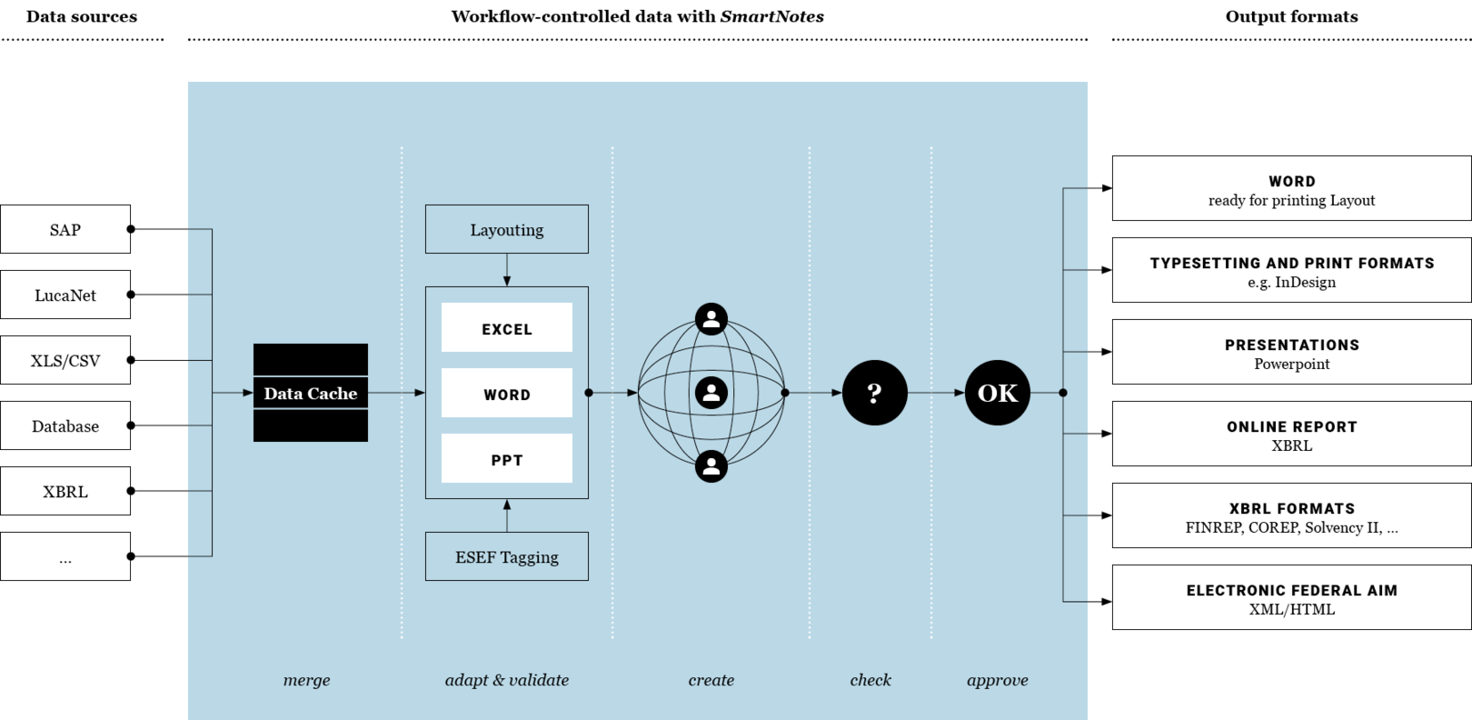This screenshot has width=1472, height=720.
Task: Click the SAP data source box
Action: (x=65, y=229)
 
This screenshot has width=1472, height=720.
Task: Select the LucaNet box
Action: (x=65, y=295)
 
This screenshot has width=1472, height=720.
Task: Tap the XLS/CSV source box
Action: (x=65, y=360)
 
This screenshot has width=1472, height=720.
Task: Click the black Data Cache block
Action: (x=310, y=393)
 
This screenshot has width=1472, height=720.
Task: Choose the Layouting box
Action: (x=507, y=229)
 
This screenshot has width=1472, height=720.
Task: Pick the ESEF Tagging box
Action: (x=507, y=556)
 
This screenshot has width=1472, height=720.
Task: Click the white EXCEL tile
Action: (x=507, y=327)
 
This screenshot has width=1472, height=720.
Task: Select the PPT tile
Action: (x=507, y=458)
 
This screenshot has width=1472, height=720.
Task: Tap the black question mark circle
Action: (x=875, y=393)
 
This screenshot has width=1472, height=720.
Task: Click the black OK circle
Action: (x=998, y=393)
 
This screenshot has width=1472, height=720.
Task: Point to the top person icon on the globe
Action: (x=711, y=319)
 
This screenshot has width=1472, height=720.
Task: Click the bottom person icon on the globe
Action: (x=711, y=466)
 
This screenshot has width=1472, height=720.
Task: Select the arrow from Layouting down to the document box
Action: (x=507, y=270)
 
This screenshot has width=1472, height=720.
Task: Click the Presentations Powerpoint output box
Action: (x=1291, y=352)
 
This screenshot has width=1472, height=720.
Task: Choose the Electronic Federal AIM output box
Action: (x=1291, y=597)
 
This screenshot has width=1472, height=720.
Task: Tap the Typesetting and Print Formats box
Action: (x=1291, y=270)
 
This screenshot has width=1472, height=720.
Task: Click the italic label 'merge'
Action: (x=306, y=680)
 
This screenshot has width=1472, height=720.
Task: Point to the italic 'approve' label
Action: (x=998, y=681)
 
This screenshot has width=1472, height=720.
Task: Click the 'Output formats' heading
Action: (x=1291, y=16)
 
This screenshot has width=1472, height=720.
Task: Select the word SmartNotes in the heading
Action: (x=772, y=16)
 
